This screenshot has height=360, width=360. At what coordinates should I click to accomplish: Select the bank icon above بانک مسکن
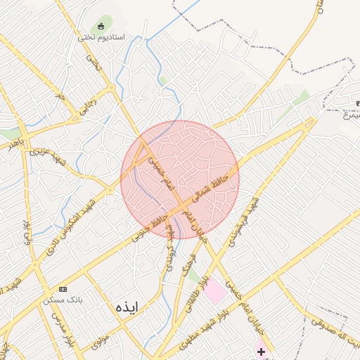63,290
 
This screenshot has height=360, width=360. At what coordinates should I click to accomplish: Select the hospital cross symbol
261,351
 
